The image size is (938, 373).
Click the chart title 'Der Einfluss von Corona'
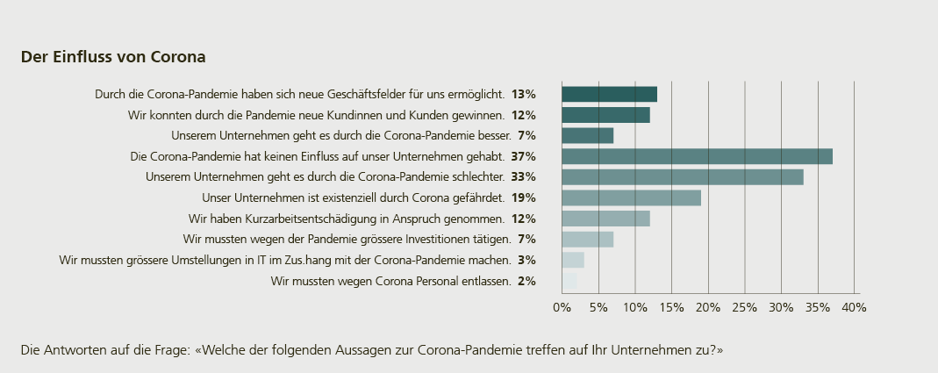coord(113,57)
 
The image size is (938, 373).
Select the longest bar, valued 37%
coord(697,156)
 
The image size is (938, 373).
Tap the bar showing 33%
coord(682,177)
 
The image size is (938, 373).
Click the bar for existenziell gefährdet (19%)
coord(631,197)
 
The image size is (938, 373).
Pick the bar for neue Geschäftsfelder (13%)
coord(609,94)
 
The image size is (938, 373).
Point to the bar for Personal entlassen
coord(569,281)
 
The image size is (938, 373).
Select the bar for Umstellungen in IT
coord(573,260)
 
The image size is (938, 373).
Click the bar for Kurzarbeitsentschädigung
coord(605,219)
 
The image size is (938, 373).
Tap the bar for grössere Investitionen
coord(587,239)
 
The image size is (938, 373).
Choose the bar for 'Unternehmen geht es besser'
coord(587,135)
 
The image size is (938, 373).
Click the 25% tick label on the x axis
coord(744,307)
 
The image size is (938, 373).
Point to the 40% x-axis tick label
coord(854,307)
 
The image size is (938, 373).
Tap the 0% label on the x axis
coord(562,307)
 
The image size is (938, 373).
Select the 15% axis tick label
coord(671,307)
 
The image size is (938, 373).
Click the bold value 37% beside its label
coord(524,156)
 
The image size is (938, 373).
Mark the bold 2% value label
coord(526,281)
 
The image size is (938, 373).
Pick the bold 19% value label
coord(524,197)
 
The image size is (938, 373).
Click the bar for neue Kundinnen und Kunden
coord(605,115)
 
